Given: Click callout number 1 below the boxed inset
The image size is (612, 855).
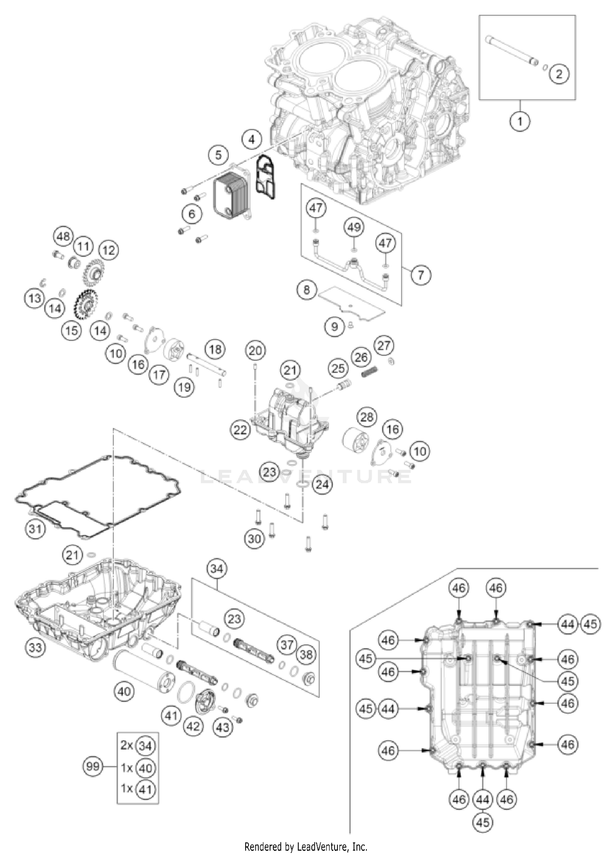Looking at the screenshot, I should tap(520, 121).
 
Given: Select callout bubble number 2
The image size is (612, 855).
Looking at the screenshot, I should tap(559, 74).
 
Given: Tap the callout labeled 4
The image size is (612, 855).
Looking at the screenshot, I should tap(252, 140).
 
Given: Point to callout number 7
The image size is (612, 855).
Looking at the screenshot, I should tap(421, 274).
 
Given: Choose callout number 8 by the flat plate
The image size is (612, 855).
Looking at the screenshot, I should tap(307, 290).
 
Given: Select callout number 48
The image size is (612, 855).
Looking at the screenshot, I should tap(63, 237).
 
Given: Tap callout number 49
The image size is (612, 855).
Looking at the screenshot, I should tap(354, 227).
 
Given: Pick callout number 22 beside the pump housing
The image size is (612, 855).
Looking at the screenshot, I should tap(241, 430).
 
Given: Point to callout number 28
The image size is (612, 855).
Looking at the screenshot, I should tap(367, 417).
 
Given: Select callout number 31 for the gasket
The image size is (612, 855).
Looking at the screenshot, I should tap(35, 529).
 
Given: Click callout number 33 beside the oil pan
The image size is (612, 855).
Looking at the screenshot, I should tap(35, 647).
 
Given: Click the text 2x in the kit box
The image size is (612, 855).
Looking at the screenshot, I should tap(127, 746).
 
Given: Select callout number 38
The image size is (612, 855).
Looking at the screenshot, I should tap(306, 655).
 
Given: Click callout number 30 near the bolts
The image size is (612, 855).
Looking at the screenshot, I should tap(255, 538).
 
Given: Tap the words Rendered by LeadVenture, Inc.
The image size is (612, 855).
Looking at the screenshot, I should tap(306, 846).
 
